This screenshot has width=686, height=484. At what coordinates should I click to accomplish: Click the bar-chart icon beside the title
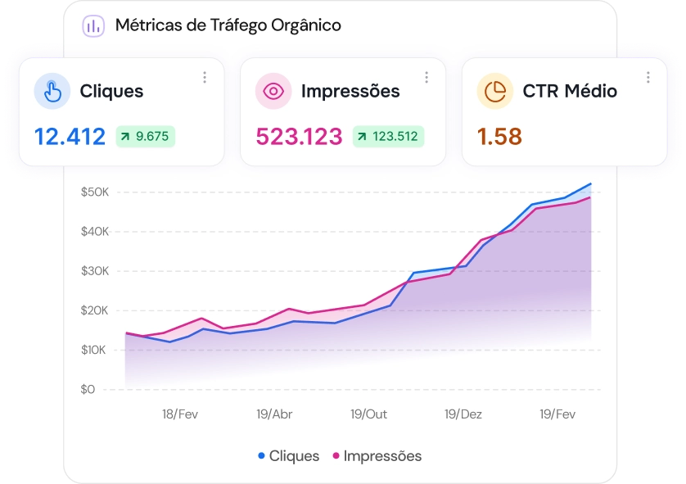[x=93, y=25]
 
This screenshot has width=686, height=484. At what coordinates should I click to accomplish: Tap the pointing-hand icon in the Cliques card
[x=52, y=91]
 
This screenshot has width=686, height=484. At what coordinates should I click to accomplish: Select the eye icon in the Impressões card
[x=274, y=91]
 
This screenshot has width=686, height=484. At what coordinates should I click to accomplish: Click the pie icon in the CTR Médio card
[x=495, y=91]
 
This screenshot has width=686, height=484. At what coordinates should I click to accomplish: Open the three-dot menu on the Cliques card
[x=205, y=78]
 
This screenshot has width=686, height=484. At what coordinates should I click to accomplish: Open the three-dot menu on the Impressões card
[x=426, y=78]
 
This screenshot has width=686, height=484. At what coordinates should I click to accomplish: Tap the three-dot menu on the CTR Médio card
[x=648, y=78]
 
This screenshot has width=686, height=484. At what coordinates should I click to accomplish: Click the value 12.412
[x=70, y=137]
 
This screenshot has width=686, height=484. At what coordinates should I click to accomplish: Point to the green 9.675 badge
[x=146, y=137]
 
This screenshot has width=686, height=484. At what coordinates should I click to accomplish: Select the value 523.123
[x=299, y=137]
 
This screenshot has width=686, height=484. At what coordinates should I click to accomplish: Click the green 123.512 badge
[x=388, y=137]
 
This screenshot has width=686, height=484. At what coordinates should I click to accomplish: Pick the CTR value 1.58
[x=499, y=137]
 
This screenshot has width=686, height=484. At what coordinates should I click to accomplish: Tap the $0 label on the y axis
[x=88, y=390]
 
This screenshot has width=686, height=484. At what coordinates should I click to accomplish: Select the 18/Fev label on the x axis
[x=180, y=414]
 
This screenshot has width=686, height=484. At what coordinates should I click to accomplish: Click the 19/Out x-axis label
[x=369, y=414]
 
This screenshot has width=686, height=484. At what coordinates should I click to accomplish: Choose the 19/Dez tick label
[x=463, y=414]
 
